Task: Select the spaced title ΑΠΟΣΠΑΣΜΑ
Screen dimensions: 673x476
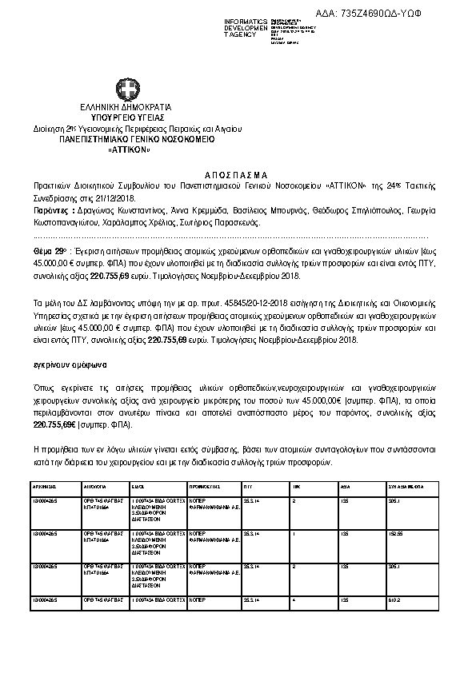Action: click(238, 173)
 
